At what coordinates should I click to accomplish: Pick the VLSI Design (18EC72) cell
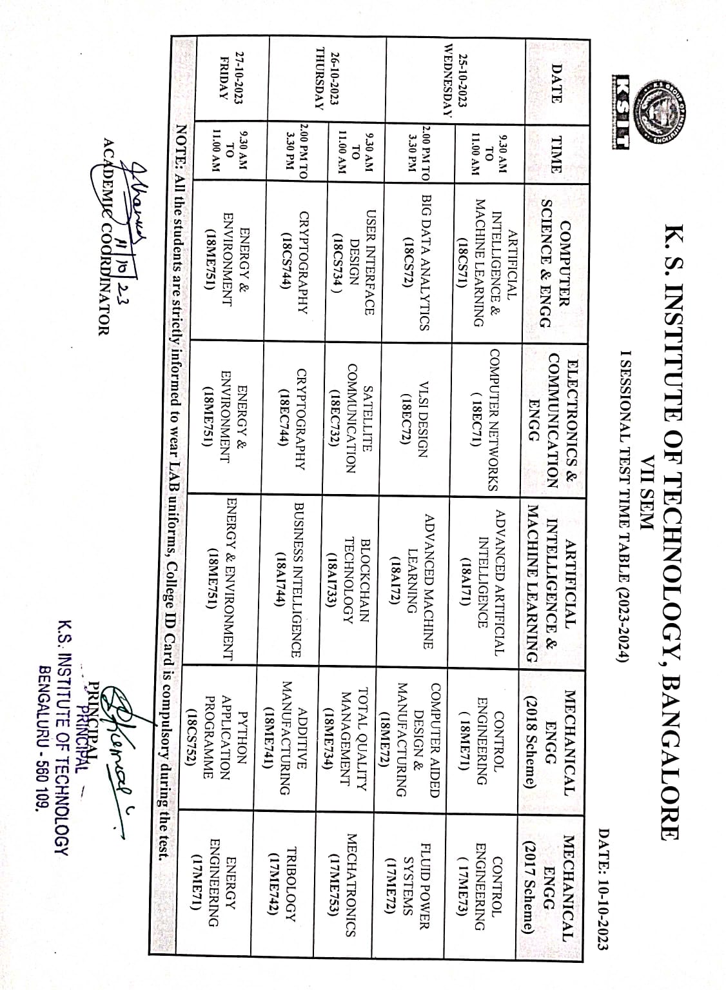click(417, 425)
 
